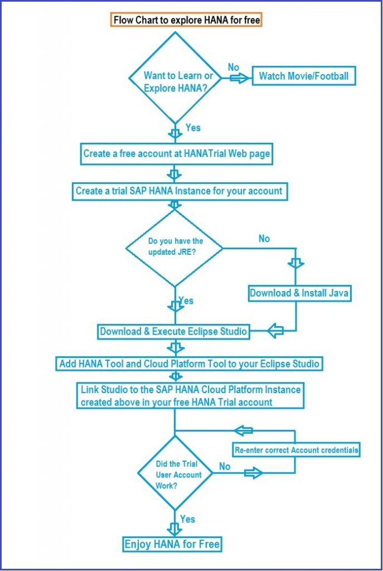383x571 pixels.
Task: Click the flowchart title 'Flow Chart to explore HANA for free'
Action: tap(186, 20)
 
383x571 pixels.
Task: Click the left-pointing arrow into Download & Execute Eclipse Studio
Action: tap(275, 331)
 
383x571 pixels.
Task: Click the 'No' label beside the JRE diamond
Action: tap(264, 239)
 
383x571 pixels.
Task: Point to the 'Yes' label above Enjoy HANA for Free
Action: tap(187, 519)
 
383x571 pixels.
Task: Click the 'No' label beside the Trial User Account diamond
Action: tap(225, 466)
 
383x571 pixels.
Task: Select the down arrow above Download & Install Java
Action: tap(295, 263)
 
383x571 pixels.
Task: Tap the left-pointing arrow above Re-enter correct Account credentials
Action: tap(243, 431)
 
